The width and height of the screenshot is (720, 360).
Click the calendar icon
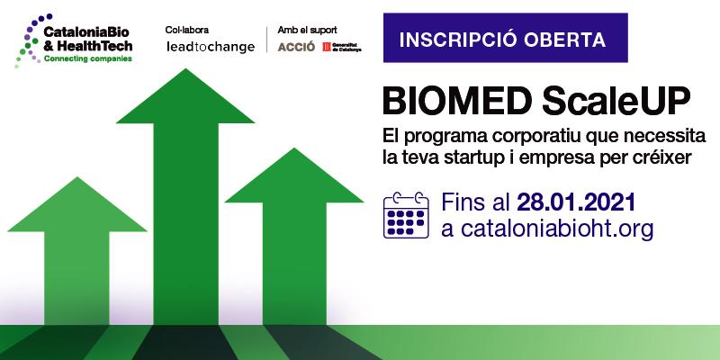(x=406, y=215)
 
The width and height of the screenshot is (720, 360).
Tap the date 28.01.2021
(x=576, y=202)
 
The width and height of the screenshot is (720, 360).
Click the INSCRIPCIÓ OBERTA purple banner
(x=506, y=38)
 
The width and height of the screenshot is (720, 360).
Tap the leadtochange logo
(x=211, y=47)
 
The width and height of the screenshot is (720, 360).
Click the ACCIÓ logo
(x=296, y=47)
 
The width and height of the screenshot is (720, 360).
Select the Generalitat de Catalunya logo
(x=342, y=47)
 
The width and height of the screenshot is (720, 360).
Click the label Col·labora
(x=187, y=30)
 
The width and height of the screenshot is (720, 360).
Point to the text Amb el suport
(x=307, y=30)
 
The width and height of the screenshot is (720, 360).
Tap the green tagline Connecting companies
(x=87, y=58)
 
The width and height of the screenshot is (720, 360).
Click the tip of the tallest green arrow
(x=185, y=69)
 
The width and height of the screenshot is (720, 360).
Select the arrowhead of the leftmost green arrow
(x=77, y=204)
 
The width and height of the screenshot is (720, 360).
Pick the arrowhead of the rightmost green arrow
(x=294, y=175)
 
